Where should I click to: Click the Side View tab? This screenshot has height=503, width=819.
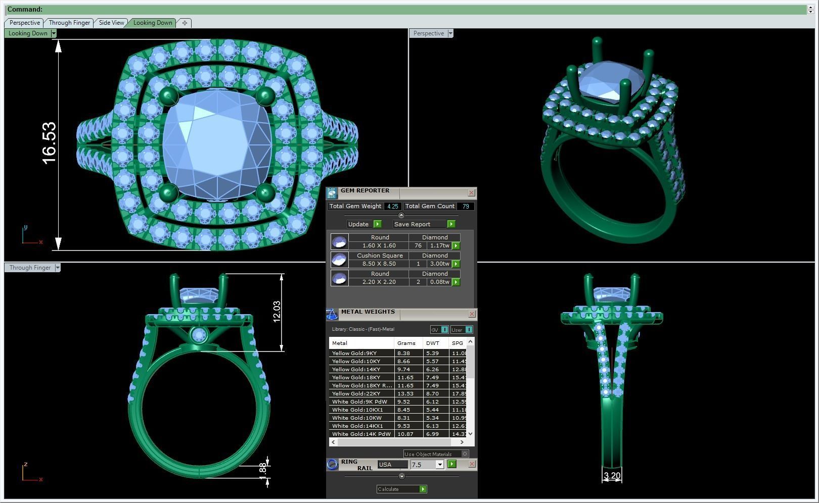[x=111, y=23]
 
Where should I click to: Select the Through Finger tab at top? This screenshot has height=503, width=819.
[x=69, y=23]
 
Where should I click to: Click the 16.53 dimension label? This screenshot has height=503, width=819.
[x=49, y=143]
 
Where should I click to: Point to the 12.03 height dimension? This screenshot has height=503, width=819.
[x=277, y=312]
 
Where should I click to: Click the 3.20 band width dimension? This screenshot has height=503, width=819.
[x=612, y=475]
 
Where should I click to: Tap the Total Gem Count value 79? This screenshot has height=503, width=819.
[x=465, y=206]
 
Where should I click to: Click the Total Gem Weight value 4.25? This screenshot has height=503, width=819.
[x=392, y=206]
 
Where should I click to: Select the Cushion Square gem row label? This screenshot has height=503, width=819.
[x=379, y=256]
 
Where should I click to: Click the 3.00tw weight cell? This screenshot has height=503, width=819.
[x=439, y=264]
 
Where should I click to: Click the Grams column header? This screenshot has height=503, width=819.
[x=406, y=343]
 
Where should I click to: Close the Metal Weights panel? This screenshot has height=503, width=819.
[x=472, y=314]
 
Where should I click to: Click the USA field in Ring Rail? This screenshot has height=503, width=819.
[x=392, y=465]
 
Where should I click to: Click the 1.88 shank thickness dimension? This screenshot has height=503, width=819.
[x=262, y=469]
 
